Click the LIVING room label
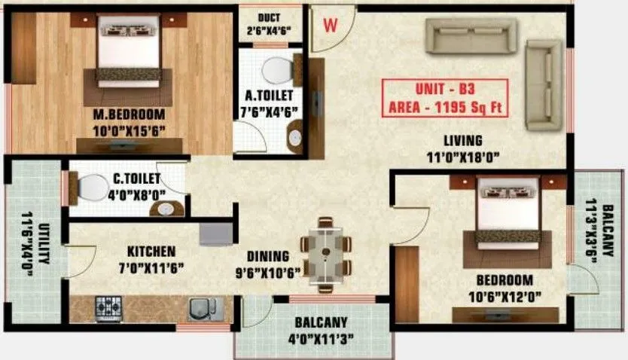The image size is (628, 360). coord(462,141)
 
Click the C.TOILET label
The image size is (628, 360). coord(136,179)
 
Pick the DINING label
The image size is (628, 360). coord(268,255)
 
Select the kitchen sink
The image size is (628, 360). coord(200,308)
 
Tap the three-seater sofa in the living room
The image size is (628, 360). coord(471,36)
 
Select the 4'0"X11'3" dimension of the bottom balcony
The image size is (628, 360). coord(319,337)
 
